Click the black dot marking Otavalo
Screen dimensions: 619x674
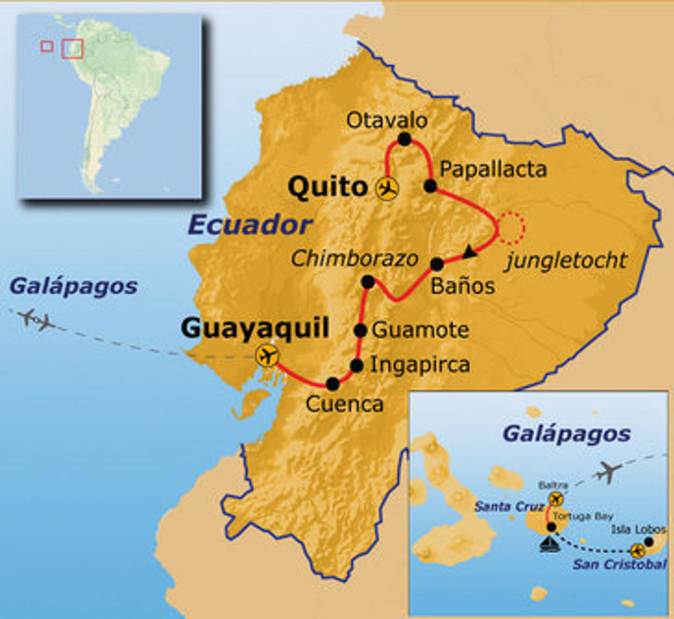click(x=404, y=139)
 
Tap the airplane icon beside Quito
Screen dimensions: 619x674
click(x=387, y=188)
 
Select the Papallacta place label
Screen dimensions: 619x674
click(x=493, y=169)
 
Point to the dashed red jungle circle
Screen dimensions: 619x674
click(x=511, y=227)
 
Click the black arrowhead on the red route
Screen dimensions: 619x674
click(x=469, y=251)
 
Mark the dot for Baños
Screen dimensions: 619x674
click(x=436, y=264)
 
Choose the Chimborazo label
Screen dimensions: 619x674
click(x=354, y=259)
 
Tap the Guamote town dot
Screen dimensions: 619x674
click(x=361, y=330)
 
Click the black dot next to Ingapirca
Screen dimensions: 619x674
click(x=356, y=365)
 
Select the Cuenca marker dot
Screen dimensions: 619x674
click(x=332, y=383)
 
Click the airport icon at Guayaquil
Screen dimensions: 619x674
click(x=267, y=356)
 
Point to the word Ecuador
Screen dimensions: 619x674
click(x=249, y=225)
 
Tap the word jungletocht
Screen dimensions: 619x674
click(x=566, y=261)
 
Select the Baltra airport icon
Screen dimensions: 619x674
click(x=556, y=498)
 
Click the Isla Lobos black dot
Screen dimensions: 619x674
click(x=649, y=541)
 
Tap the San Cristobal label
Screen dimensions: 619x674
click(x=619, y=564)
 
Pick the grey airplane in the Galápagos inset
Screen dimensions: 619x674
click(x=609, y=471)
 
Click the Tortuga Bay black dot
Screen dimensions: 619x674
click(x=551, y=526)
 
